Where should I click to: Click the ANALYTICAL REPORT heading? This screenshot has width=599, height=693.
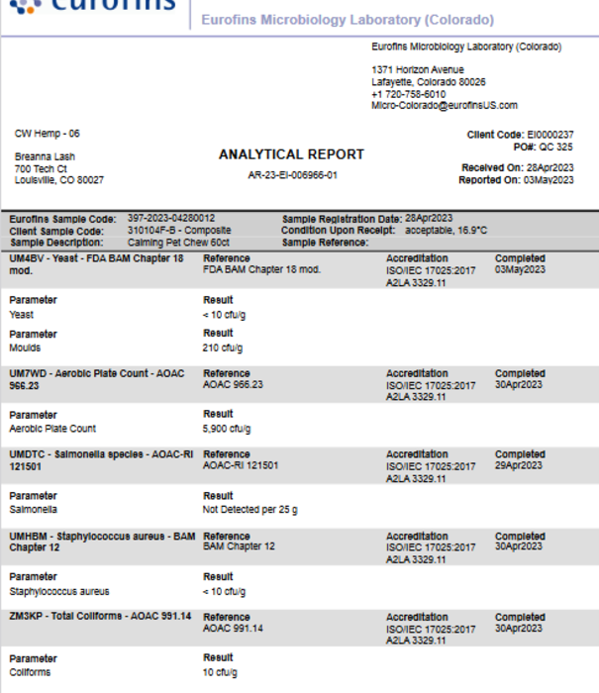coord(291,154)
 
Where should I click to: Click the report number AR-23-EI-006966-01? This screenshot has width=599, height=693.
coord(291,175)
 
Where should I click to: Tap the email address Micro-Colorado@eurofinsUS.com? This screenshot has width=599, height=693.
coord(444,105)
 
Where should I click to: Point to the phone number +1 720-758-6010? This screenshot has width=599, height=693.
coord(409,94)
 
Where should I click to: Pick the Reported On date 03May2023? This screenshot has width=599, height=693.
coord(550,180)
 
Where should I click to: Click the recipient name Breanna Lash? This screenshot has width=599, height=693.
coord(45,156)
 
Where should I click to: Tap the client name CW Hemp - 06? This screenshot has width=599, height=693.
coord(47,133)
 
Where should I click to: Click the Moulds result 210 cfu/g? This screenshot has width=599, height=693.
coord(223,348)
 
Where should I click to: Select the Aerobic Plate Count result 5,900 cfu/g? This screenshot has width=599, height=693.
coord(227,430)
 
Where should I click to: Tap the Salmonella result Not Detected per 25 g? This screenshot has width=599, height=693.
coord(250,510)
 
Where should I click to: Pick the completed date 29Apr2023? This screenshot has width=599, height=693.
coord(519,465)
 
